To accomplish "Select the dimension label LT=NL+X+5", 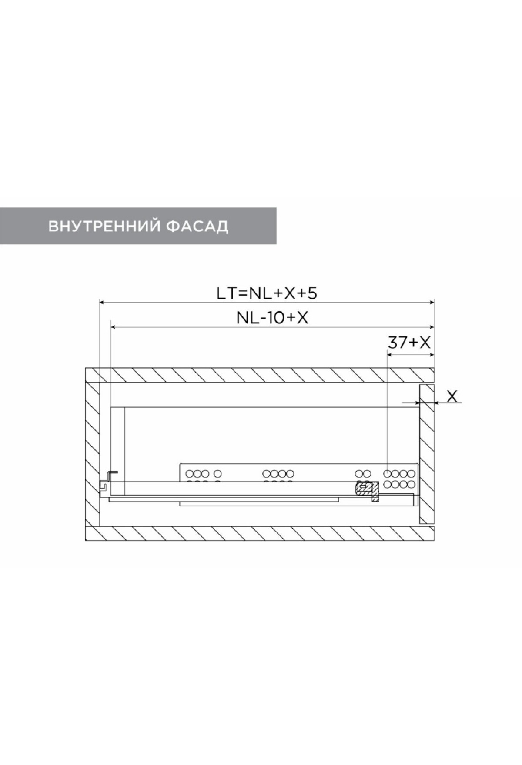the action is click(267, 293).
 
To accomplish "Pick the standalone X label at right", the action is click(452, 396).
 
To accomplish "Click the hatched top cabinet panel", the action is click(260, 375).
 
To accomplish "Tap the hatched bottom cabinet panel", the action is click(260, 533).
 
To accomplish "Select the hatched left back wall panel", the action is click(93, 454).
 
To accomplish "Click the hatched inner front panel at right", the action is click(427, 454).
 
